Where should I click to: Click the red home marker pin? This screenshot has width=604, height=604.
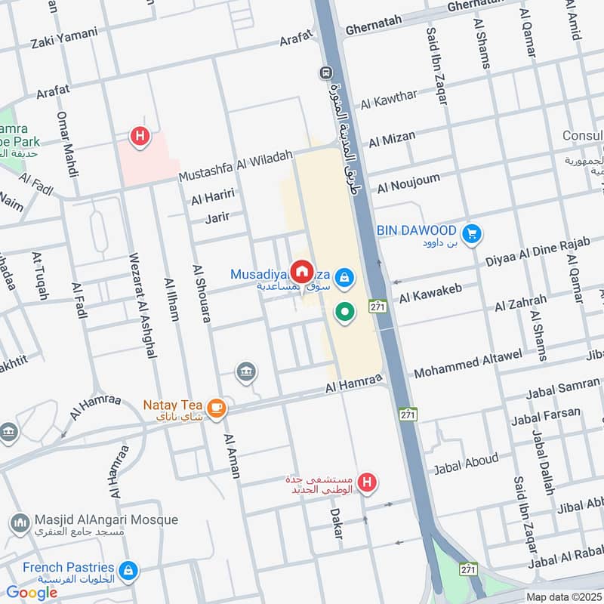click(302, 271)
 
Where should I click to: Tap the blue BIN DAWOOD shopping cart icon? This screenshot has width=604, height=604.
click(473, 234)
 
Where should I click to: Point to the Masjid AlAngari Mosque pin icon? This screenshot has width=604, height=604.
click(19, 522)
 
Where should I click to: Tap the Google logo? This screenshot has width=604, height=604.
click(32, 593)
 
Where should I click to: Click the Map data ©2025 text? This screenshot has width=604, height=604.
click(564, 596)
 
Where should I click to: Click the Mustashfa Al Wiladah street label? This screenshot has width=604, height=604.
click(236, 166)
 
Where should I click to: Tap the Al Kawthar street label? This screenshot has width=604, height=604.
click(389, 99)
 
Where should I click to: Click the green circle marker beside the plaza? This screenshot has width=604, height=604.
click(345, 311)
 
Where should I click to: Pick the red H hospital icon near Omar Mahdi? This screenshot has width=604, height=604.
click(139, 137)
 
